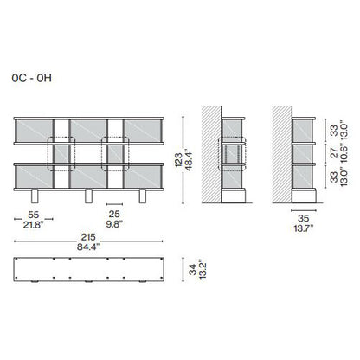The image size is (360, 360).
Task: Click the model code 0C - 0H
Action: tap(32, 78)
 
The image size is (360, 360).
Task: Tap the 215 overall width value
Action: tap(88, 237)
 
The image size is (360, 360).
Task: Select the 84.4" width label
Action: tap(88, 247)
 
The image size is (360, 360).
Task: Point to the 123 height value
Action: tap(178, 160)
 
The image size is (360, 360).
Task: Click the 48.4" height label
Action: tap(188, 160)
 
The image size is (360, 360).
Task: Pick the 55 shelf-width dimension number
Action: tap(34, 215)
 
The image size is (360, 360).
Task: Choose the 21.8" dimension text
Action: tap(34, 225)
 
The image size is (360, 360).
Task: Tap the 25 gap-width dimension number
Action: tap(114, 214)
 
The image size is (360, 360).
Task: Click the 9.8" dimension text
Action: tap(114, 224)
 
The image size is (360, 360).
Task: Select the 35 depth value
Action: tap(304, 218)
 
